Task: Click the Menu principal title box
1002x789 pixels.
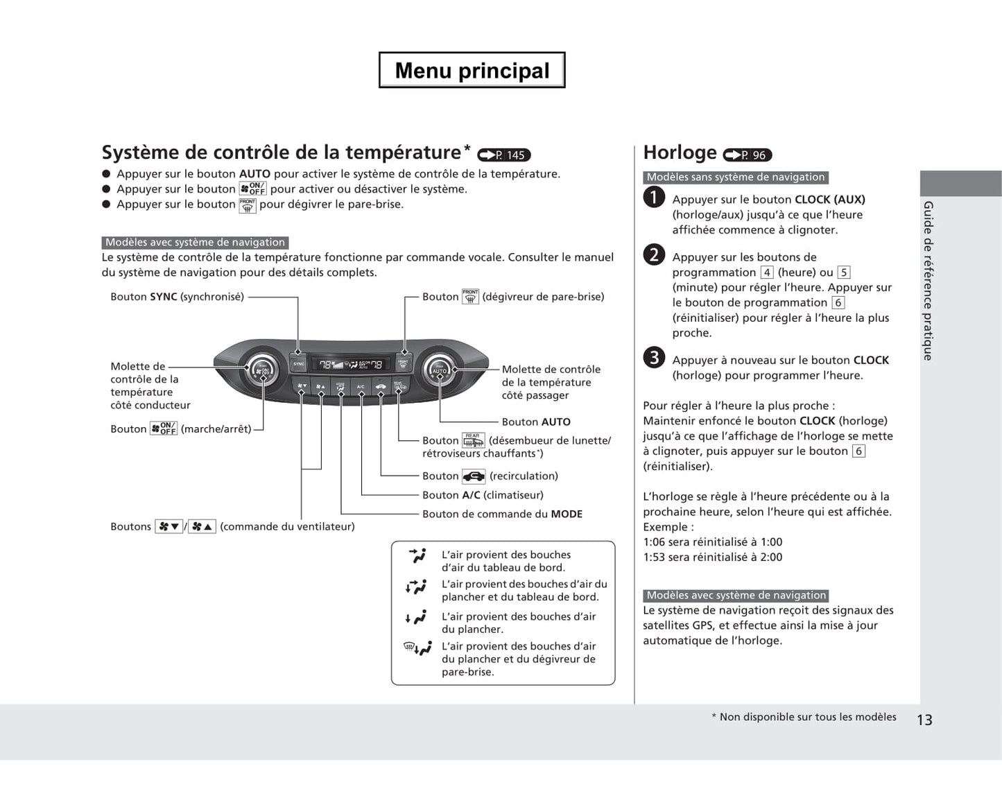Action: click(472, 70)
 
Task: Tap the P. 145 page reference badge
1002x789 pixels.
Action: click(504, 155)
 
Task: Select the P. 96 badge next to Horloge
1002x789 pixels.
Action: click(747, 155)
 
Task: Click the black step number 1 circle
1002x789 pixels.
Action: click(653, 198)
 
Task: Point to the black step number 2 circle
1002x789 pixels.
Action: click(653, 255)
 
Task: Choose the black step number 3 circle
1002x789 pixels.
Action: click(653, 358)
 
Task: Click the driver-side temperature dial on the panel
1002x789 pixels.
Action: click(262, 370)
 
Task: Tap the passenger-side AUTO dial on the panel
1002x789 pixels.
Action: click(440, 369)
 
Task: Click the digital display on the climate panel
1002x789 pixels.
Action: click(350, 364)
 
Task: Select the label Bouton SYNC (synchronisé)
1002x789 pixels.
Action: click(177, 297)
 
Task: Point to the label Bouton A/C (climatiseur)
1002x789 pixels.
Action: click(483, 495)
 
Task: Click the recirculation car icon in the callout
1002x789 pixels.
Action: click(474, 476)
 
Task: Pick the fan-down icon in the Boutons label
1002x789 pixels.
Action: click(169, 527)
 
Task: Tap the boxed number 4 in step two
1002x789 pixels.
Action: click(766, 272)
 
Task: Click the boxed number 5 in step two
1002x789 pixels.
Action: click(843, 272)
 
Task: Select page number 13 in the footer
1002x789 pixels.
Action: click(924, 720)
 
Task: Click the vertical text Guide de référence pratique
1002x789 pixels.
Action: click(928, 280)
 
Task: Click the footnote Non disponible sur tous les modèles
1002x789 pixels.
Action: click(807, 717)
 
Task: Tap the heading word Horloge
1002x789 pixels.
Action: click(680, 153)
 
